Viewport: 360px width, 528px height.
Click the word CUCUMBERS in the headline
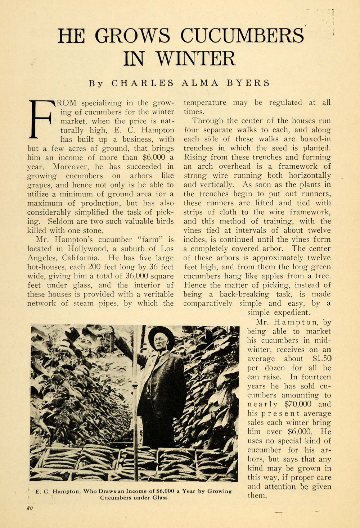242,36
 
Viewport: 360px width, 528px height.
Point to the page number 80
30,508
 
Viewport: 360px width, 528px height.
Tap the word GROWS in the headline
132,36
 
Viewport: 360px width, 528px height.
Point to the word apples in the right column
274,276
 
